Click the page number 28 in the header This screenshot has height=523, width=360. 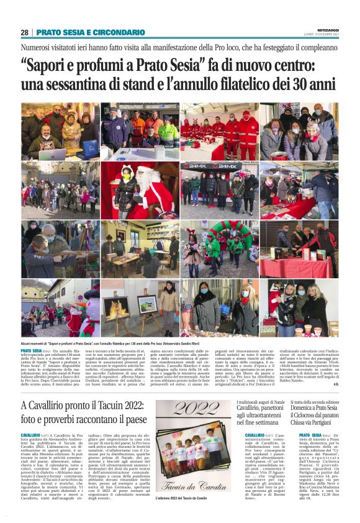click(24, 32)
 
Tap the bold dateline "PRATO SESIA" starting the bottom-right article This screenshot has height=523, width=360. click(309, 418)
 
